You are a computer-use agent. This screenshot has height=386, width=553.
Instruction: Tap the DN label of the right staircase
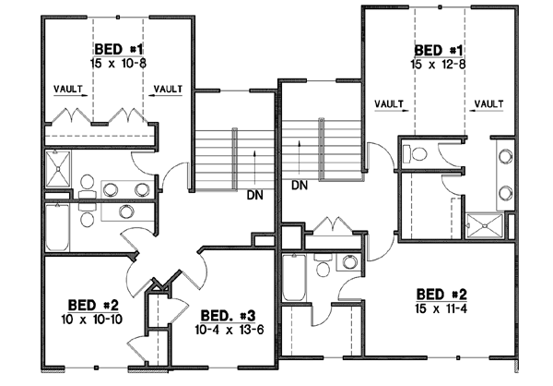click(300, 186)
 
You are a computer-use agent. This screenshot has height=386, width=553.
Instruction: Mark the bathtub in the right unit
click(294, 276)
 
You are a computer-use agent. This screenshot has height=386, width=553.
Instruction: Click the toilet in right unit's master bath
click(416, 153)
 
